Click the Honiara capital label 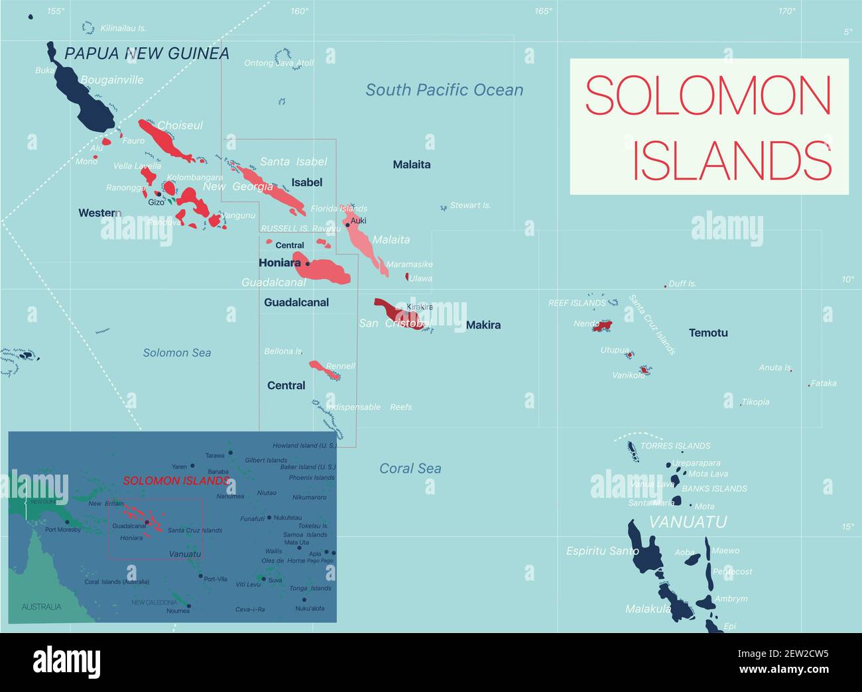[x=279, y=262]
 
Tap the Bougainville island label [x=111, y=80]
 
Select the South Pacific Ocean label [x=444, y=90]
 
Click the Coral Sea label [x=410, y=469]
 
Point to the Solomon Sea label [x=177, y=353]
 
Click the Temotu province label [x=708, y=333]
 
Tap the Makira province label [x=483, y=325]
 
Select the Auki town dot [x=347, y=225]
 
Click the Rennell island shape [x=326, y=369]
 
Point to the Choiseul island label [x=180, y=125]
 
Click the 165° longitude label [x=544, y=11]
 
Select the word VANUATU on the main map [x=688, y=522]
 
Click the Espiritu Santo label [x=602, y=551]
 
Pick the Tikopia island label [x=756, y=402]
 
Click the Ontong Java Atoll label [x=278, y=63]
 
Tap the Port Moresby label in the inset [x=63, y=530]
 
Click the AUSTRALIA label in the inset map [x=41, y=606]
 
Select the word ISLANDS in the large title [x=731, y=160]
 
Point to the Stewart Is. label [x=471, y=205]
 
